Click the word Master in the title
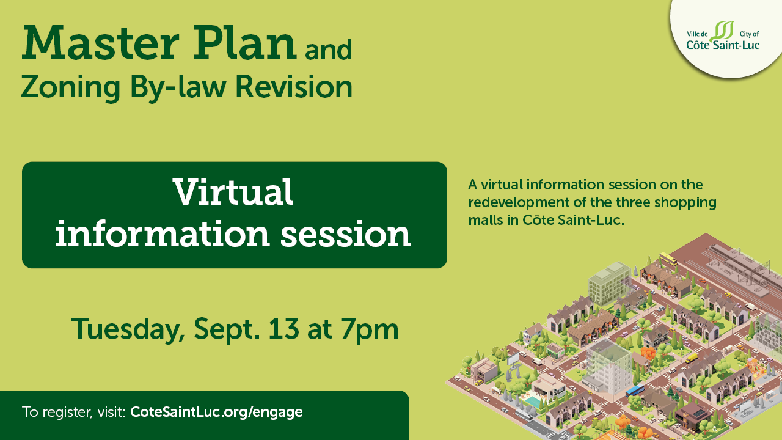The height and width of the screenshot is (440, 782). [101, 43]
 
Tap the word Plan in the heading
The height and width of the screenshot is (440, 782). [245, 43]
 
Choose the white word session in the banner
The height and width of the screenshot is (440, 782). [346, 234]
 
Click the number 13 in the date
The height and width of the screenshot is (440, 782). [284, 328]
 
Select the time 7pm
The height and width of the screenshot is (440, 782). [370, 331]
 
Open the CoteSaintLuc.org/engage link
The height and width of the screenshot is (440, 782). [216, 412]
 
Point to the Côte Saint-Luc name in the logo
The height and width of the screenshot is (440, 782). [723, 45]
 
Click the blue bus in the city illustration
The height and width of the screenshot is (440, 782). [635, 390]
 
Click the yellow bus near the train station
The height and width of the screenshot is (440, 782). [668, 259]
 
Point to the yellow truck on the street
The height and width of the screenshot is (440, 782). [691, 358]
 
